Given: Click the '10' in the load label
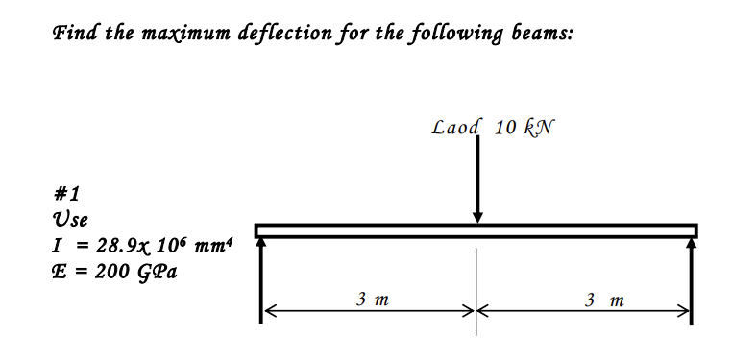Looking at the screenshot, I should (x=508, y=127).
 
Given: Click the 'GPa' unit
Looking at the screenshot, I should (x=157, y=270).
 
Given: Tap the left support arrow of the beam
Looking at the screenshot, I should (x=260, y=278).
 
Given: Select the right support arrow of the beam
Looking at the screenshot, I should (x=692, y=278).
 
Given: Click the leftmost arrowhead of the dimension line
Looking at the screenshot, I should (x=270, y=310).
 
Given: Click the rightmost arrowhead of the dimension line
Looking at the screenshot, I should (x=683, y=310).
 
